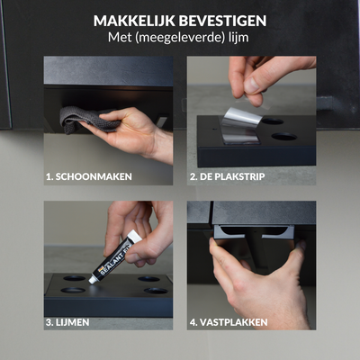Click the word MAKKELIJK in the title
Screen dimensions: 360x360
pos(134,21)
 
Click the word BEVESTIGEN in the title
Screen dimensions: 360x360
pos(223,21)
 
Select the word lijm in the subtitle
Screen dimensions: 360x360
pos(237,38)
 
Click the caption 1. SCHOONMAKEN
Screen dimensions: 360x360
pos(89,176)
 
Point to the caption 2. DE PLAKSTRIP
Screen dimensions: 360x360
pos(227,176)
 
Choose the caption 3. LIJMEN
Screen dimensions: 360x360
pos(67,322)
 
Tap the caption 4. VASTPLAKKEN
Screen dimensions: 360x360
pos(229,322)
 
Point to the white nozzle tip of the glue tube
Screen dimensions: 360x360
pos(92,280)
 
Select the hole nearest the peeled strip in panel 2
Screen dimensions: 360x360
pos(273,121)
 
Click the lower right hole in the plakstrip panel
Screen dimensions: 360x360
pos(284,137)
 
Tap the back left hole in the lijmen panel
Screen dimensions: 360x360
pos(74,278)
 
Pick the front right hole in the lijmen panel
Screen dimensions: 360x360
pos(156,291)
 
